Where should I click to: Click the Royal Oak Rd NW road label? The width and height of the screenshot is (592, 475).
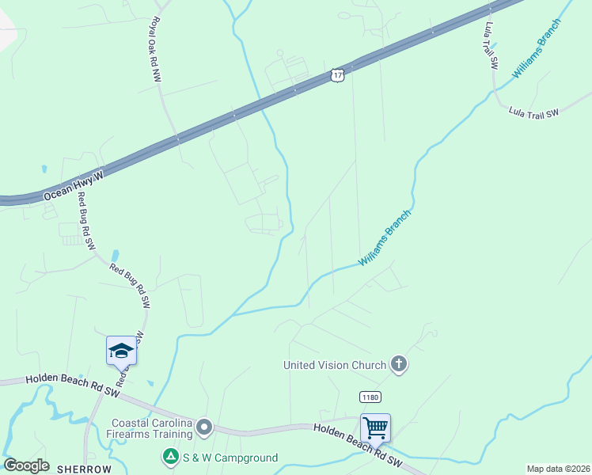(155, 49)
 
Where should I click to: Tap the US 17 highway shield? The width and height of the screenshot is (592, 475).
(338, 74)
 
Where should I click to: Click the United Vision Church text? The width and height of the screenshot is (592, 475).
(335, 365)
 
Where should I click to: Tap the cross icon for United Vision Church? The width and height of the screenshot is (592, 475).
(400, 364)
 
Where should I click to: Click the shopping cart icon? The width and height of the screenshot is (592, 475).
(375, 427)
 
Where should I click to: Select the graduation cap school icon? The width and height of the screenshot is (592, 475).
(121, 350)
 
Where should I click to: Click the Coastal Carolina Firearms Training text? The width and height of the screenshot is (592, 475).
(152, 428)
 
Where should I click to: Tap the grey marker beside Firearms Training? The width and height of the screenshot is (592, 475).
(204, 428)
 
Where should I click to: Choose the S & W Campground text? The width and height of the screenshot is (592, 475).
(229, 458)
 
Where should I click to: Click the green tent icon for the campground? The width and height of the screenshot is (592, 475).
(169, 457)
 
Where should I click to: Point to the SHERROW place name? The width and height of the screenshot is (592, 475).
(84, 469)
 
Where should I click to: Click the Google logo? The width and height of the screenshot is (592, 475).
(26, 465)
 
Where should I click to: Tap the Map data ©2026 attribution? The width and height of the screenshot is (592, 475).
(558, 469)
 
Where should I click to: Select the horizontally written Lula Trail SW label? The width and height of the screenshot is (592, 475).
(533, 113)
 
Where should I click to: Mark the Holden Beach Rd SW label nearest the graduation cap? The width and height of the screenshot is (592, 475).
(72, 386)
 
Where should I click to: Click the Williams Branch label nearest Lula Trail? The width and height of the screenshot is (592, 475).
(537, 48)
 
